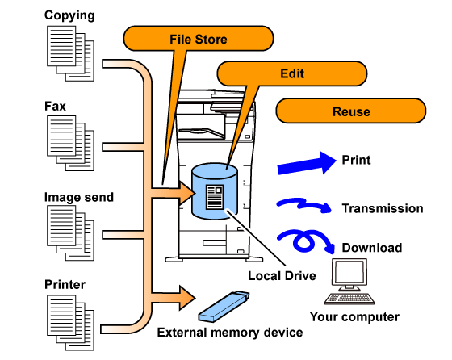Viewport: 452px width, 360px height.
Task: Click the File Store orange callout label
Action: coord(199,38)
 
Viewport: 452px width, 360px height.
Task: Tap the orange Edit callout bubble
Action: coord(292,73)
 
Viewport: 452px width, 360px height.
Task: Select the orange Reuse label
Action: coord(351,111)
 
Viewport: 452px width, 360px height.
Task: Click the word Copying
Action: coord(69,15)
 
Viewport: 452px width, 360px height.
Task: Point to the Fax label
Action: coord(55,106)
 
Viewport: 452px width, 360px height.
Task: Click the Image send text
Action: coord(79,197)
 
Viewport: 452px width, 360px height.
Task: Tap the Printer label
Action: coord(65,284)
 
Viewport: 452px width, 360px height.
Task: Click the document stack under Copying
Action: coord(71,53)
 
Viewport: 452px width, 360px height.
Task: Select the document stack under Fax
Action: coord(71,143)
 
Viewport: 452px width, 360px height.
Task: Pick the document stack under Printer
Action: coord(71,323)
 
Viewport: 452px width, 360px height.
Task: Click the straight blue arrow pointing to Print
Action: coord(307,164)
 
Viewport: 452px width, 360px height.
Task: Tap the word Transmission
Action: coord(383,208)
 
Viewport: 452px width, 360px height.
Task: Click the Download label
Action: coord(372,248)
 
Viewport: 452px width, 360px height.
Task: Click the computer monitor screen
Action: coord(349,273)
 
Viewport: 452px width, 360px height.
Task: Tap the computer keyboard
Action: coord(349,299)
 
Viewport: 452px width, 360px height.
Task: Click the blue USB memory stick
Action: coord(224,307)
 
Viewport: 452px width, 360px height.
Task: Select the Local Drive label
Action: coord(282,276)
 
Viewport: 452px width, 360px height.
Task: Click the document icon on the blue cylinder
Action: coord(215,197)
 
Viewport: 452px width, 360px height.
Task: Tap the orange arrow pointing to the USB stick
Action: coord(173,298)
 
